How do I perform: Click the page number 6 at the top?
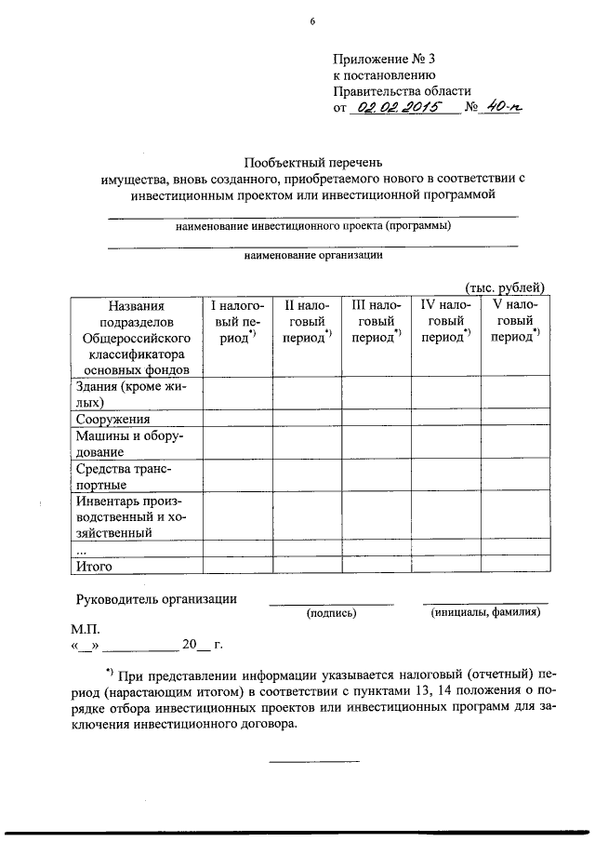coord(312,23)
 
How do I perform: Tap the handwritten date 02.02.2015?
coord(402,108)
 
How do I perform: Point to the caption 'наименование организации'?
coord(312,253)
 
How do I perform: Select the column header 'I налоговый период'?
coord(238,321)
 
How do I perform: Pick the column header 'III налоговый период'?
coord(377,321)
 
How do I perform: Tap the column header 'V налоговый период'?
coord(514,321)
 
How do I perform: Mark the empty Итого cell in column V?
coord(514,565)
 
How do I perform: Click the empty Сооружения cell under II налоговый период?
coord(307,420)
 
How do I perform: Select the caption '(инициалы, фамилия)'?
coord(485,612)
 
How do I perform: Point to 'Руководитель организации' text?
coord(155,599)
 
